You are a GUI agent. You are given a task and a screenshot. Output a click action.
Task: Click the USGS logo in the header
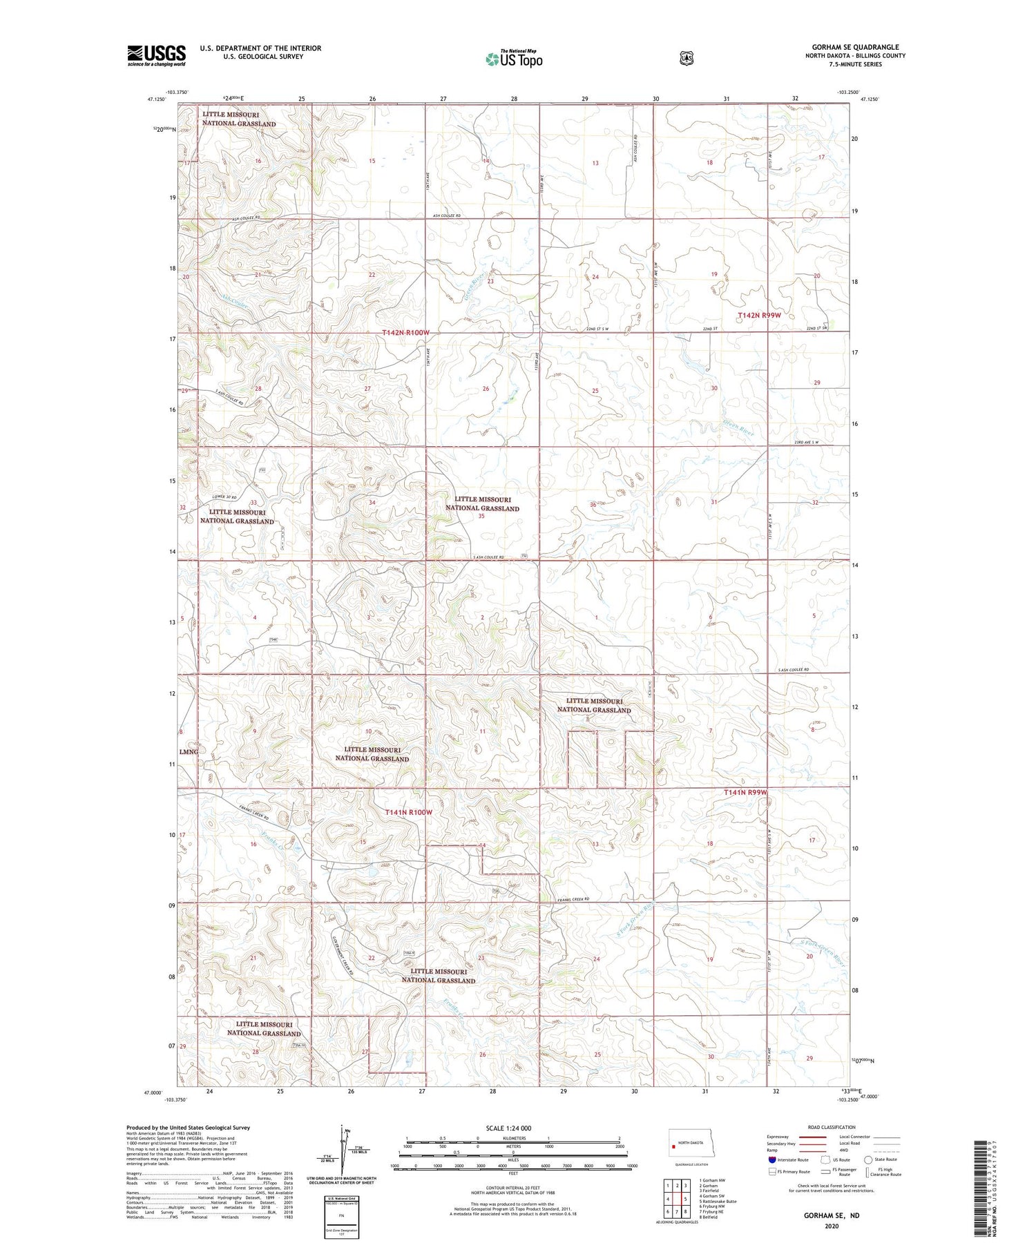pos(156,55)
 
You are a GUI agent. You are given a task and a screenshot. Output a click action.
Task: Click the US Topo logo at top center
pos(514,59)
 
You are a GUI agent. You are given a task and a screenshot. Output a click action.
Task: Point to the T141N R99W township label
pos(746,792)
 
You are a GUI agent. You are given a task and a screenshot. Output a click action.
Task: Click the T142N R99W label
pos(759,315)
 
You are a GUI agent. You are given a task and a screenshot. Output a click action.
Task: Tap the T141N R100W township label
pos(408,813)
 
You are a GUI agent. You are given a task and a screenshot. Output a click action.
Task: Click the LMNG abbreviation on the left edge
pos(189,751)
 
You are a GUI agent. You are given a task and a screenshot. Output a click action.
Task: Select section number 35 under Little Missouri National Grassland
pos(481,516)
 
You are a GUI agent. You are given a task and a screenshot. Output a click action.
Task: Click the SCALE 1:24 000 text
pos(508,1128)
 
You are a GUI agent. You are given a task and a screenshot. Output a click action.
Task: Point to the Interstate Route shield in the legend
pos(772,1159)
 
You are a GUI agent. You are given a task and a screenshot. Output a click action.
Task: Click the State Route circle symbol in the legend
pos(868,1159)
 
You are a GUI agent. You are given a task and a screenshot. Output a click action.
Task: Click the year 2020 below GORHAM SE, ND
pos(831,1226)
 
